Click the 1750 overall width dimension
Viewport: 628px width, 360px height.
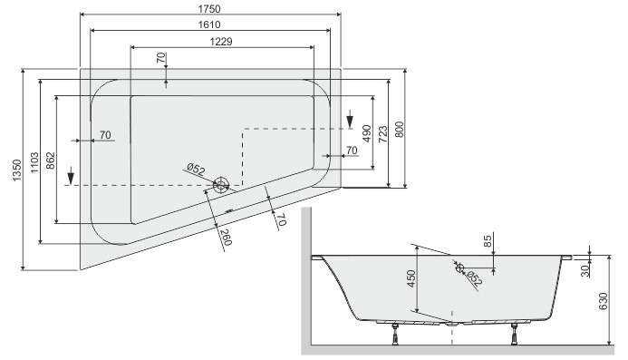point(210,8)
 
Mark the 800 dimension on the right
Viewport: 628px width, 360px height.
point(399,129)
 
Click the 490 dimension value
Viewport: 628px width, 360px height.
point(366,132)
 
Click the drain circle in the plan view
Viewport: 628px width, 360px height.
point(221,185)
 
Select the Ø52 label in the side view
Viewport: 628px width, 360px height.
point(469,273)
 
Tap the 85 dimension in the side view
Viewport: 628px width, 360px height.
point(488,242)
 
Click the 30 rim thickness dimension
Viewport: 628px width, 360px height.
point(585,270)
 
